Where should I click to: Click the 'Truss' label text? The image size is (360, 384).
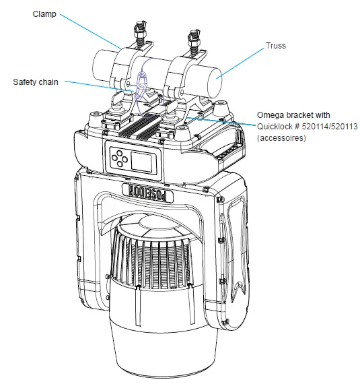276,46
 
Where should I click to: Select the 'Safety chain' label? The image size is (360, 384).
36,82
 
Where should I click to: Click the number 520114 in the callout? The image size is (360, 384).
305,126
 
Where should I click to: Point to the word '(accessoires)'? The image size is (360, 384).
280,137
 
